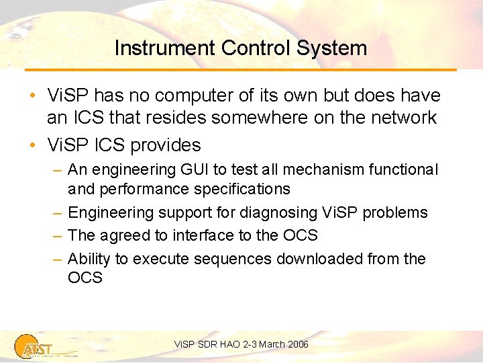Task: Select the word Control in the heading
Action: point(249,48)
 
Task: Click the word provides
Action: point(166,145)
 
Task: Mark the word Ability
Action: point(89,259)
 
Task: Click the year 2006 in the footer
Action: point(297,344)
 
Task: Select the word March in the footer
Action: point(271,344)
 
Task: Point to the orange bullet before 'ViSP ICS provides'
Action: point(33,145)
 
